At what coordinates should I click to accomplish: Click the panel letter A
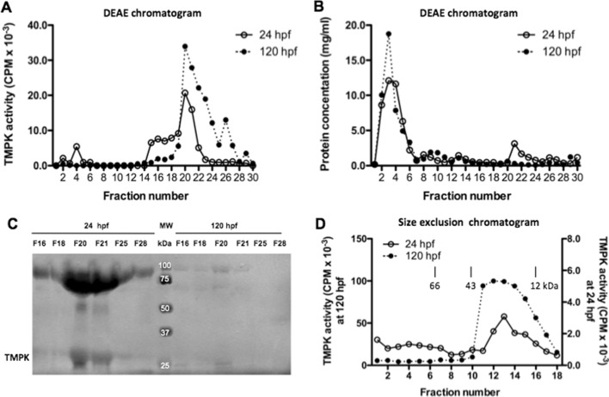click(x=8, y=8)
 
